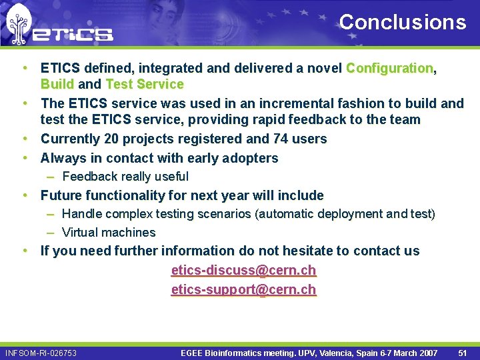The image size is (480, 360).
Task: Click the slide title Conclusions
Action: [x=403, y=22]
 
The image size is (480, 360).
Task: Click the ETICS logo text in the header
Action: [x=73, y=33]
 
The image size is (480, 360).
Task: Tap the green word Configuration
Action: [x=390, y=68]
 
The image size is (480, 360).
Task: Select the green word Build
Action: [x=57, y=84]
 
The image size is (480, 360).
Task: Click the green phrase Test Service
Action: [x=144, y=84]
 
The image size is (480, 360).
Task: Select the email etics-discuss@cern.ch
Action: [x=243, y=271]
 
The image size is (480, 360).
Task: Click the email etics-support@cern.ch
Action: [x=243, y=289]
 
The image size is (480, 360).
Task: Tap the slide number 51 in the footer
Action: [x=463, y=353]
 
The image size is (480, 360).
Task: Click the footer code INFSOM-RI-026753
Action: [x=41, y=353]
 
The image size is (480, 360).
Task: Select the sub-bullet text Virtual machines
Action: [x=109, y=233]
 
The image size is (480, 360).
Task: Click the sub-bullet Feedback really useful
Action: [x=125, y=177]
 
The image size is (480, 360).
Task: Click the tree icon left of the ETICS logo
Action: [x=18, y=25]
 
